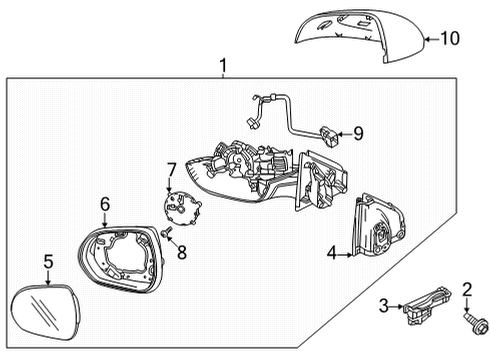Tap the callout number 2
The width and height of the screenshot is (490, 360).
pos(467,290)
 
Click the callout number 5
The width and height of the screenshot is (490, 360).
pos(47,263)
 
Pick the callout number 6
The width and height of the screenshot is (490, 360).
pos(104,204)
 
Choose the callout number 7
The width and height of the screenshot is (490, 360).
pos(172,169)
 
